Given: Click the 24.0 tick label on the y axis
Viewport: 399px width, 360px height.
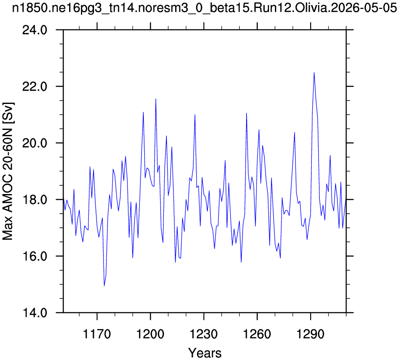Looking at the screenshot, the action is coord(35,30).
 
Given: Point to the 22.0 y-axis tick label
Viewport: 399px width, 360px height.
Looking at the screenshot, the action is coord(35,87).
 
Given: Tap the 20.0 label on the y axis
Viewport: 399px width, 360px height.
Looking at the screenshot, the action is coord(35,143).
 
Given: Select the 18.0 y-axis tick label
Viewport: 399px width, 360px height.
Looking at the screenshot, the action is coord(35,200).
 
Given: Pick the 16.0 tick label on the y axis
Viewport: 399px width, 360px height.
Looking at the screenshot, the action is coord(35,256).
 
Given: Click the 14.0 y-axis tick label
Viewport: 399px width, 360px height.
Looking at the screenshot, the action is coord(35,313).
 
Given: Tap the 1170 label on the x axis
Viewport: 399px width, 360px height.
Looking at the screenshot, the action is coord(97,334).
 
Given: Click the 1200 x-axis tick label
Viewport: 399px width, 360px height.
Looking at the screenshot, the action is coord(150,334).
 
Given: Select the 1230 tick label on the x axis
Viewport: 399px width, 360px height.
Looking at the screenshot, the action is coord(204,334).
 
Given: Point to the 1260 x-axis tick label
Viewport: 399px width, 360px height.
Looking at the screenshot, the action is coord(257,334).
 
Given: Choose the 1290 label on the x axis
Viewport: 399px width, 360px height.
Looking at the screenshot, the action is coord(311,334).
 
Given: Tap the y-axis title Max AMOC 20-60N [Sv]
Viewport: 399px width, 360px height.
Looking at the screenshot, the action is coord(8,171).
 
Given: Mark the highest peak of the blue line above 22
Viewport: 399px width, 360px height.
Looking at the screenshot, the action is coord(314,73).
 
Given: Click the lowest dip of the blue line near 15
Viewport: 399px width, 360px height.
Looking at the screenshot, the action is coord(104,286).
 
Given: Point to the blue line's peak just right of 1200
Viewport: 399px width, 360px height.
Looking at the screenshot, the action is coord(156,99).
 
